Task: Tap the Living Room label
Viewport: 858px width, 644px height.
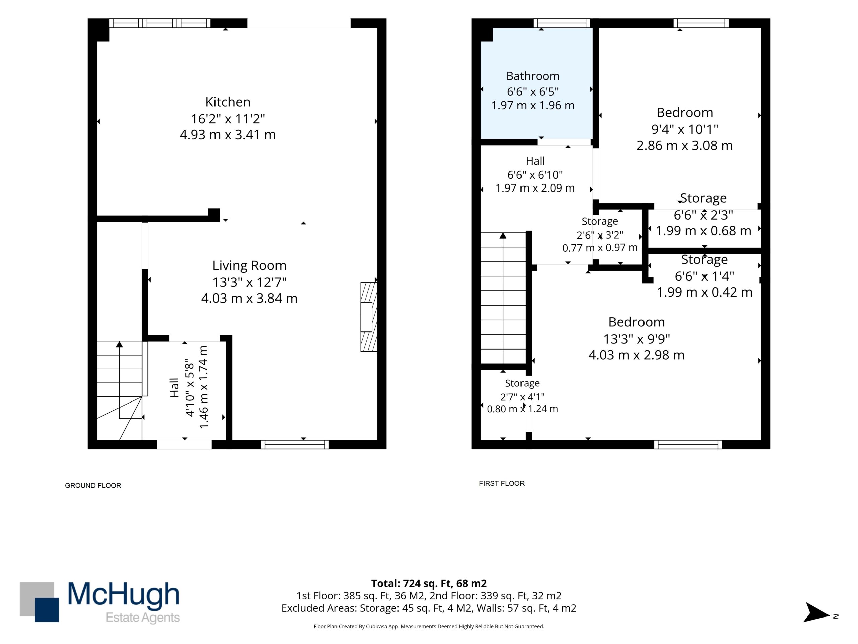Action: click(249, 266)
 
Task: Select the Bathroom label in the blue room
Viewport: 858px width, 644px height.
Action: click(533, 76)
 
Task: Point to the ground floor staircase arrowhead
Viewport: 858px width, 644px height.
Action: click(119, 344)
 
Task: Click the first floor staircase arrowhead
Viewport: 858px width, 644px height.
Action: click(503, 235)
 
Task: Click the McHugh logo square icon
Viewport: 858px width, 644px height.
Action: click(40, 602)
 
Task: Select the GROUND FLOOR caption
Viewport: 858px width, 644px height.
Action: click(93, 486)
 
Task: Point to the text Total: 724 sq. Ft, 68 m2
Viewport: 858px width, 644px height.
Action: click(429, 583)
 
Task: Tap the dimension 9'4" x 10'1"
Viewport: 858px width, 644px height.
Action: click(685, 129)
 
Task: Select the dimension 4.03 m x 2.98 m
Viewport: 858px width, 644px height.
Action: click(636, 355)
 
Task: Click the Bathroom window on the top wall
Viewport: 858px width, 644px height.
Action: click(562, 23)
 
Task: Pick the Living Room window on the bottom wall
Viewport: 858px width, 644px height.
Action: click(295, 444)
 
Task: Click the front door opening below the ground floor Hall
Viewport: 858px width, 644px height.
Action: click(184, 444)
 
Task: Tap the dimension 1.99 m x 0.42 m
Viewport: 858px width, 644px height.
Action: click(704, 292)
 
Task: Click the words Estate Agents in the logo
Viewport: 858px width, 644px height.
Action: click(143, 618)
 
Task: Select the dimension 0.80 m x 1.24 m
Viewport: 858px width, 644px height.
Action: click(523, 409)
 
